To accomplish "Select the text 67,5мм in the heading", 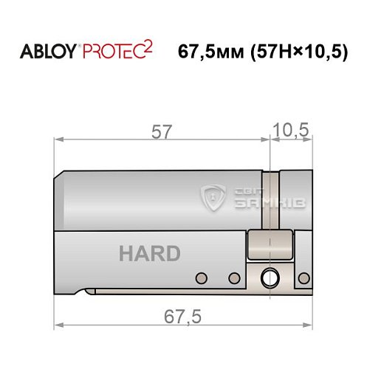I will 210,53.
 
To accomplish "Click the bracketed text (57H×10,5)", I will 299,53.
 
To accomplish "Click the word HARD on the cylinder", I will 149,254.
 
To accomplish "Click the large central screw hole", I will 268,278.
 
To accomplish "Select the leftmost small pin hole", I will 200,277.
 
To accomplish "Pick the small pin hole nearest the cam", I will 234,277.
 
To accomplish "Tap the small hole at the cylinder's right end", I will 302,277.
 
